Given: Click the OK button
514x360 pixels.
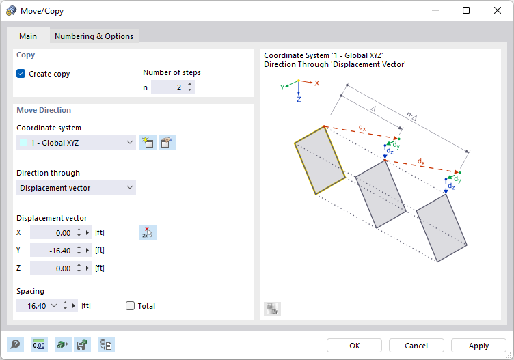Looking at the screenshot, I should pos(354,346).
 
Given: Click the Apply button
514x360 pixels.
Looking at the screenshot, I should pos(478,346).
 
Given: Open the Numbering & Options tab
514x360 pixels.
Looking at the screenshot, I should pos(94,36).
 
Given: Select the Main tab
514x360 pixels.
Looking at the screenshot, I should pos(28,36).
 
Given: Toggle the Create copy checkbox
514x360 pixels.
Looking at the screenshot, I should pos(21,74).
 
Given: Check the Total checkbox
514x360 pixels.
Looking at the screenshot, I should pos(131,306).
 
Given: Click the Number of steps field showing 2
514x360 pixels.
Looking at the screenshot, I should pos(167,87).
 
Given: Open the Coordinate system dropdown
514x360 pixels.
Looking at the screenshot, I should pos(76,142).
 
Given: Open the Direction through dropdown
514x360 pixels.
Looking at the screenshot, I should pos(76,187).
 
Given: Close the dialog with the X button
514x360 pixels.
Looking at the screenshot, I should pos(497,10).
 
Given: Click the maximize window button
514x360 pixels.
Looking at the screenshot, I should pos(466,10).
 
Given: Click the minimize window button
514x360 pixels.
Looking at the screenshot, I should pos(435,10).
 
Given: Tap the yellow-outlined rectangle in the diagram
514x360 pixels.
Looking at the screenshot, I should pos(320,161).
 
